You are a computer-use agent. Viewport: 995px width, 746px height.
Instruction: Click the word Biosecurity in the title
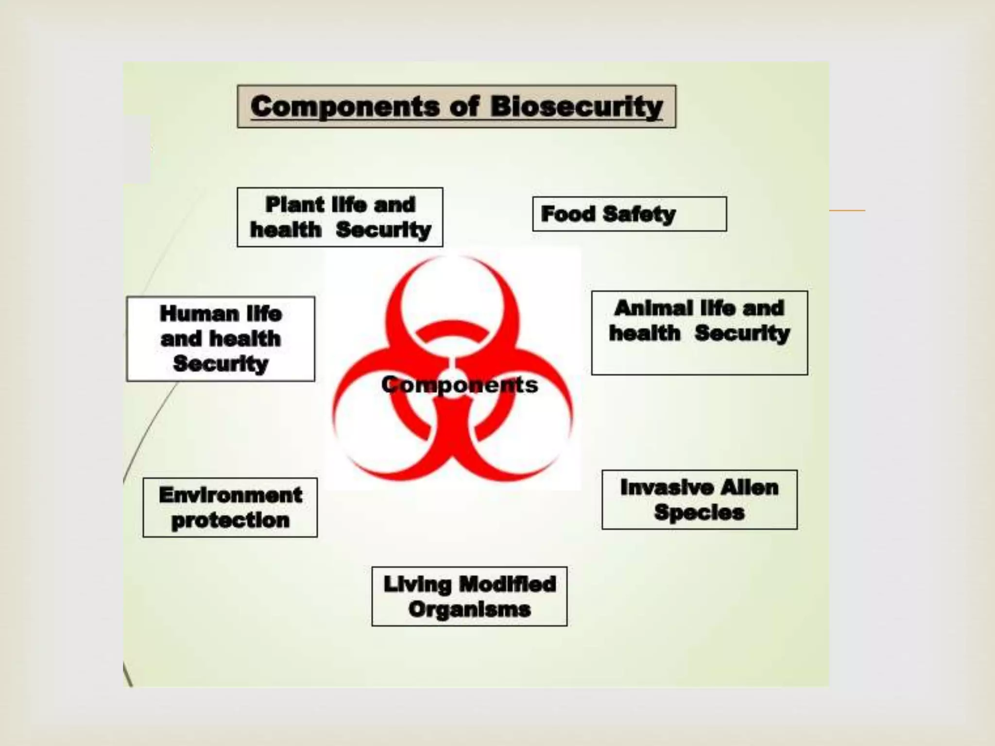click(577, 106)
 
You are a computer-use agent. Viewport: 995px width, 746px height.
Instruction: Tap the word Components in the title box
click(345, 106)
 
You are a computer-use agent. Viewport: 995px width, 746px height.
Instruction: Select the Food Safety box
click(629, 214)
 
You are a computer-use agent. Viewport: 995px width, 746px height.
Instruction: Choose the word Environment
click(230, 495)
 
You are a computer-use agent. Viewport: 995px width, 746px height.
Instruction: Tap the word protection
click(230, 520)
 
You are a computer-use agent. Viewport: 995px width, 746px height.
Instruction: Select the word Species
click(699, 512)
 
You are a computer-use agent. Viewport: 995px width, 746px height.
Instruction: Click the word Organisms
click(469, 610)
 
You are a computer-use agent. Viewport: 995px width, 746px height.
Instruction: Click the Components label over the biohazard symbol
click(460, 385)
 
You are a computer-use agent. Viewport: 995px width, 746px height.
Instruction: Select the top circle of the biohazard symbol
click(452, 296)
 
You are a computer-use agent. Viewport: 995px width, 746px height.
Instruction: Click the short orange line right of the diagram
click(847, 210)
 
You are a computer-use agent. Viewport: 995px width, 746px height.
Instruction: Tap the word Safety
click(639, 214)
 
